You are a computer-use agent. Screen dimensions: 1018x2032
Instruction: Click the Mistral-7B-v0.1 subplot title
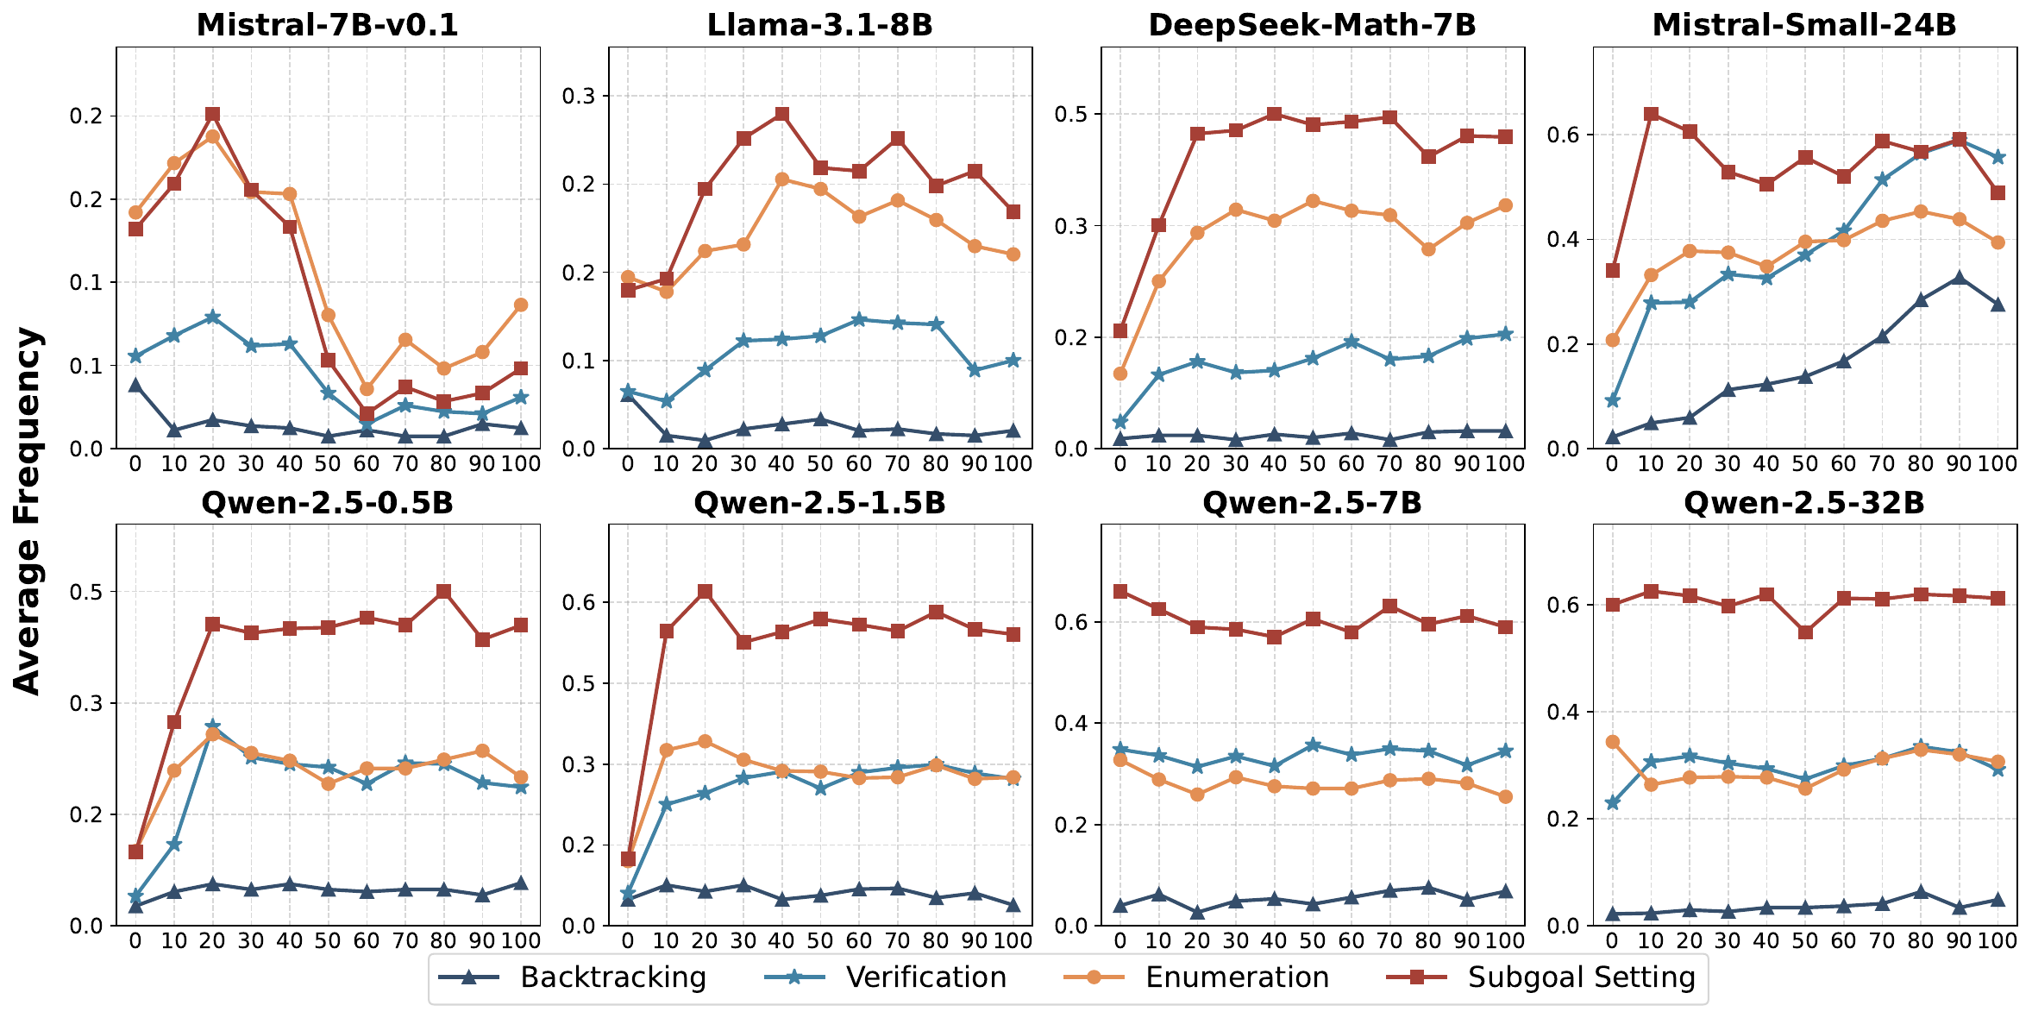pyautogui.click(x=327, y=25)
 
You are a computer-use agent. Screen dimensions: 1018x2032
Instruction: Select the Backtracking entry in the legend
pyautogui.click(x=612, y=977)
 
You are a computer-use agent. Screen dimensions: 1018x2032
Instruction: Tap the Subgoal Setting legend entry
pyautogui.click(x=1581, y=977)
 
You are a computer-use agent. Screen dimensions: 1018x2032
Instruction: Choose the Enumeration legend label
pyautogui.click(x=1237, y=977)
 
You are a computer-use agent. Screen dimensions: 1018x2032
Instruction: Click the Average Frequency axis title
pyautogui.click(x=28, y=510)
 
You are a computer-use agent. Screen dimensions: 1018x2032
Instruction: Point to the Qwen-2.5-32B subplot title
pyautogui.click(x=1803, y=503)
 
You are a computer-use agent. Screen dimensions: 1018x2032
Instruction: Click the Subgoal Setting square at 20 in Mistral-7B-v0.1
pyautogui.click(x=212, y=115)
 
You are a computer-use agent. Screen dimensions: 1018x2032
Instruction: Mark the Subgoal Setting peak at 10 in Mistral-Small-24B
pyautogui.click(x=1651, y=114)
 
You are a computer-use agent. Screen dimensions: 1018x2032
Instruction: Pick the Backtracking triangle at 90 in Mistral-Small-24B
pyautogui.click(x=1960, y=278)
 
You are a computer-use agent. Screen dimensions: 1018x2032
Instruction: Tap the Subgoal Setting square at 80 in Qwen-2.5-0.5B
pyautogui.click(x=443, y=592)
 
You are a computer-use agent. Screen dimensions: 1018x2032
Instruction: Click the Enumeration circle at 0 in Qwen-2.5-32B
pyautogui.click(x=1612, y=742)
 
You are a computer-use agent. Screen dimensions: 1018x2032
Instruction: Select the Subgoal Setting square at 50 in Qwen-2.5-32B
pyautogui.click(x=1805, y=632)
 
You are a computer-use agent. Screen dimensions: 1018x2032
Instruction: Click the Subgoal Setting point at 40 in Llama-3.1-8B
pyautogui.click(x=782, y=114)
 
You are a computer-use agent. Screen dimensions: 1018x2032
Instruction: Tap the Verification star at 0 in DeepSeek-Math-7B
pyautogui.click(x=1120, y=423)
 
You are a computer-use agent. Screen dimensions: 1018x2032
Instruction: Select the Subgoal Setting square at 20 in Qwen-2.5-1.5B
pyautogui.click(x=706, y=592)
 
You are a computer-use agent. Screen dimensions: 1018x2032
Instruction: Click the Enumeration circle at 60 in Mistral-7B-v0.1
pyautogui.click(x=367, y=389)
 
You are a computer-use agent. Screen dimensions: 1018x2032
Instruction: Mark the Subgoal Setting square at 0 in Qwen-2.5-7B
pyautogui.click(x=1120, y=592)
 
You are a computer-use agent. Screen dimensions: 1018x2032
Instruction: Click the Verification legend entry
pyautogui.click(x=925, y=977)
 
